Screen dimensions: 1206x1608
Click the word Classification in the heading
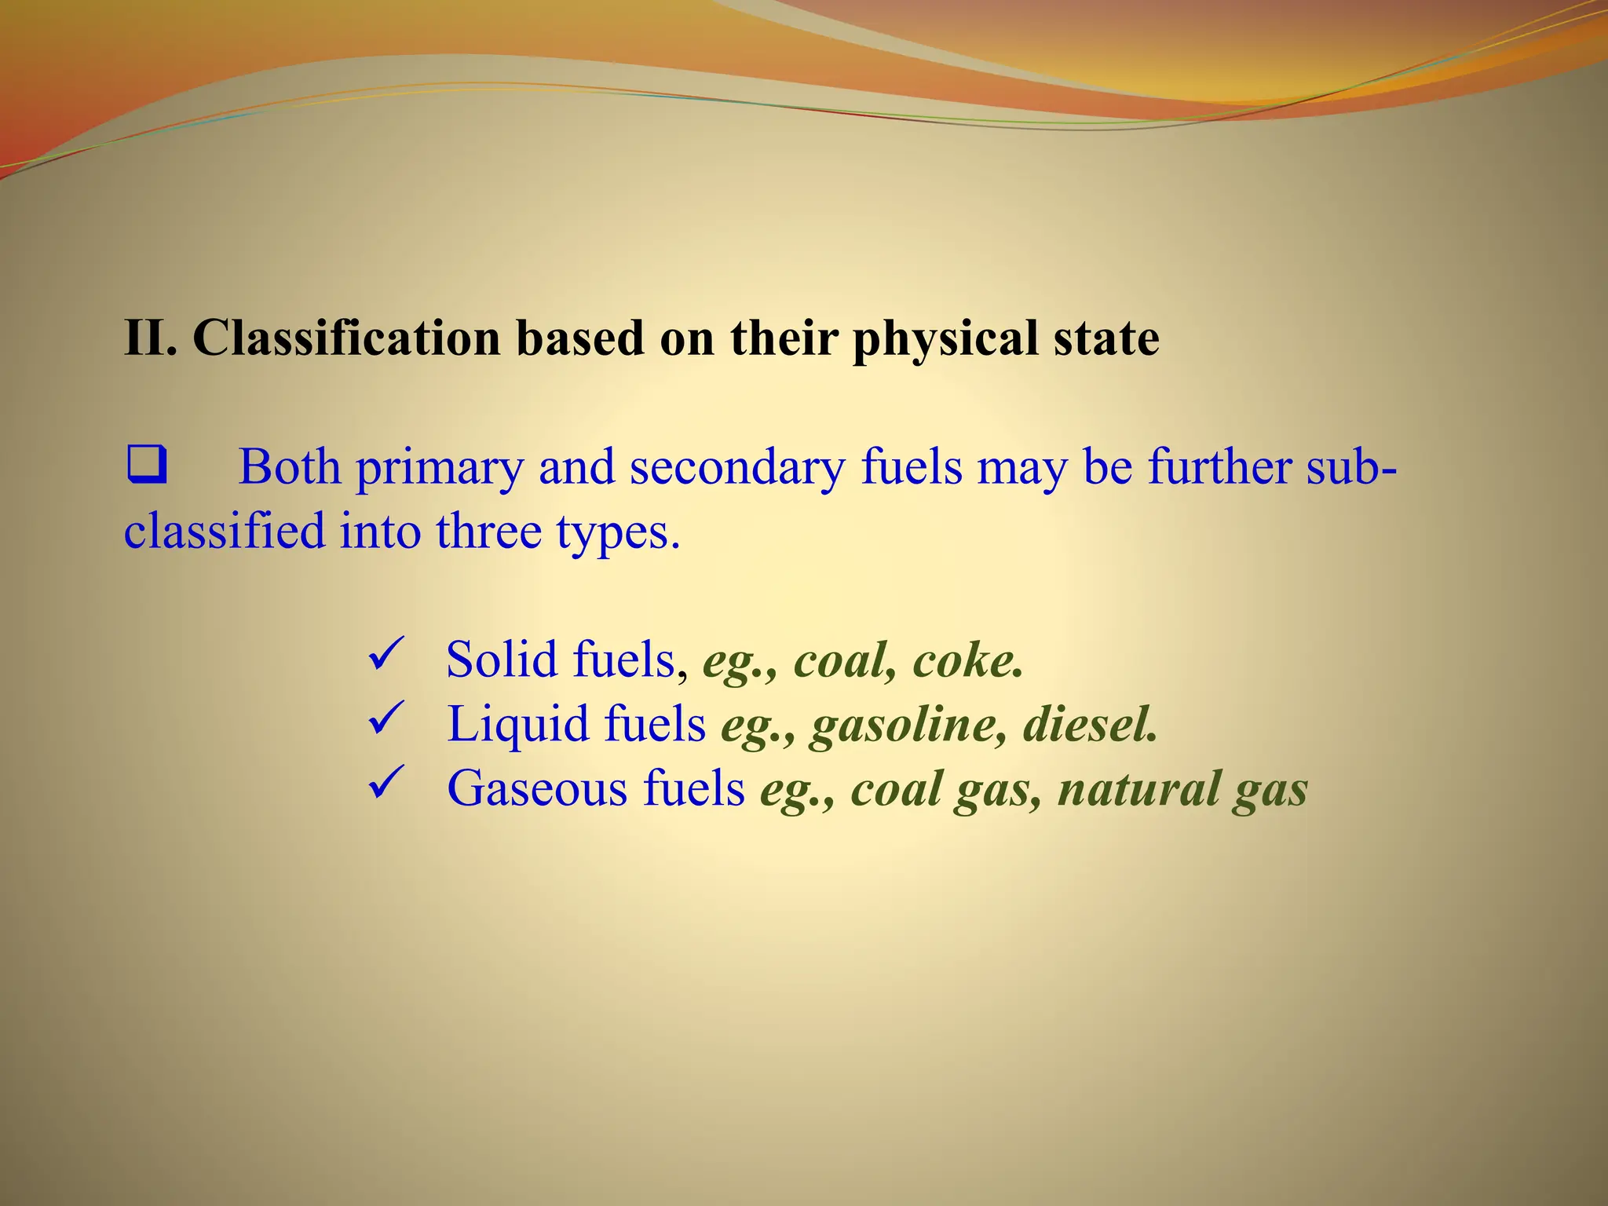346,338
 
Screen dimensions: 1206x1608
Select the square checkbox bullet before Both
146,465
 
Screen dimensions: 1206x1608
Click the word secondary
736,468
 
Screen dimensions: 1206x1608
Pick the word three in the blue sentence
488,531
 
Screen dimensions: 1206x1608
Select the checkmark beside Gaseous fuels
386,783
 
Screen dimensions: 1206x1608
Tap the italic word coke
967,660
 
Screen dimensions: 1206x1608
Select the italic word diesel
1090,724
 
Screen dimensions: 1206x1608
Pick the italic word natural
1138,788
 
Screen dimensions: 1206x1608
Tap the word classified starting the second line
225,531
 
